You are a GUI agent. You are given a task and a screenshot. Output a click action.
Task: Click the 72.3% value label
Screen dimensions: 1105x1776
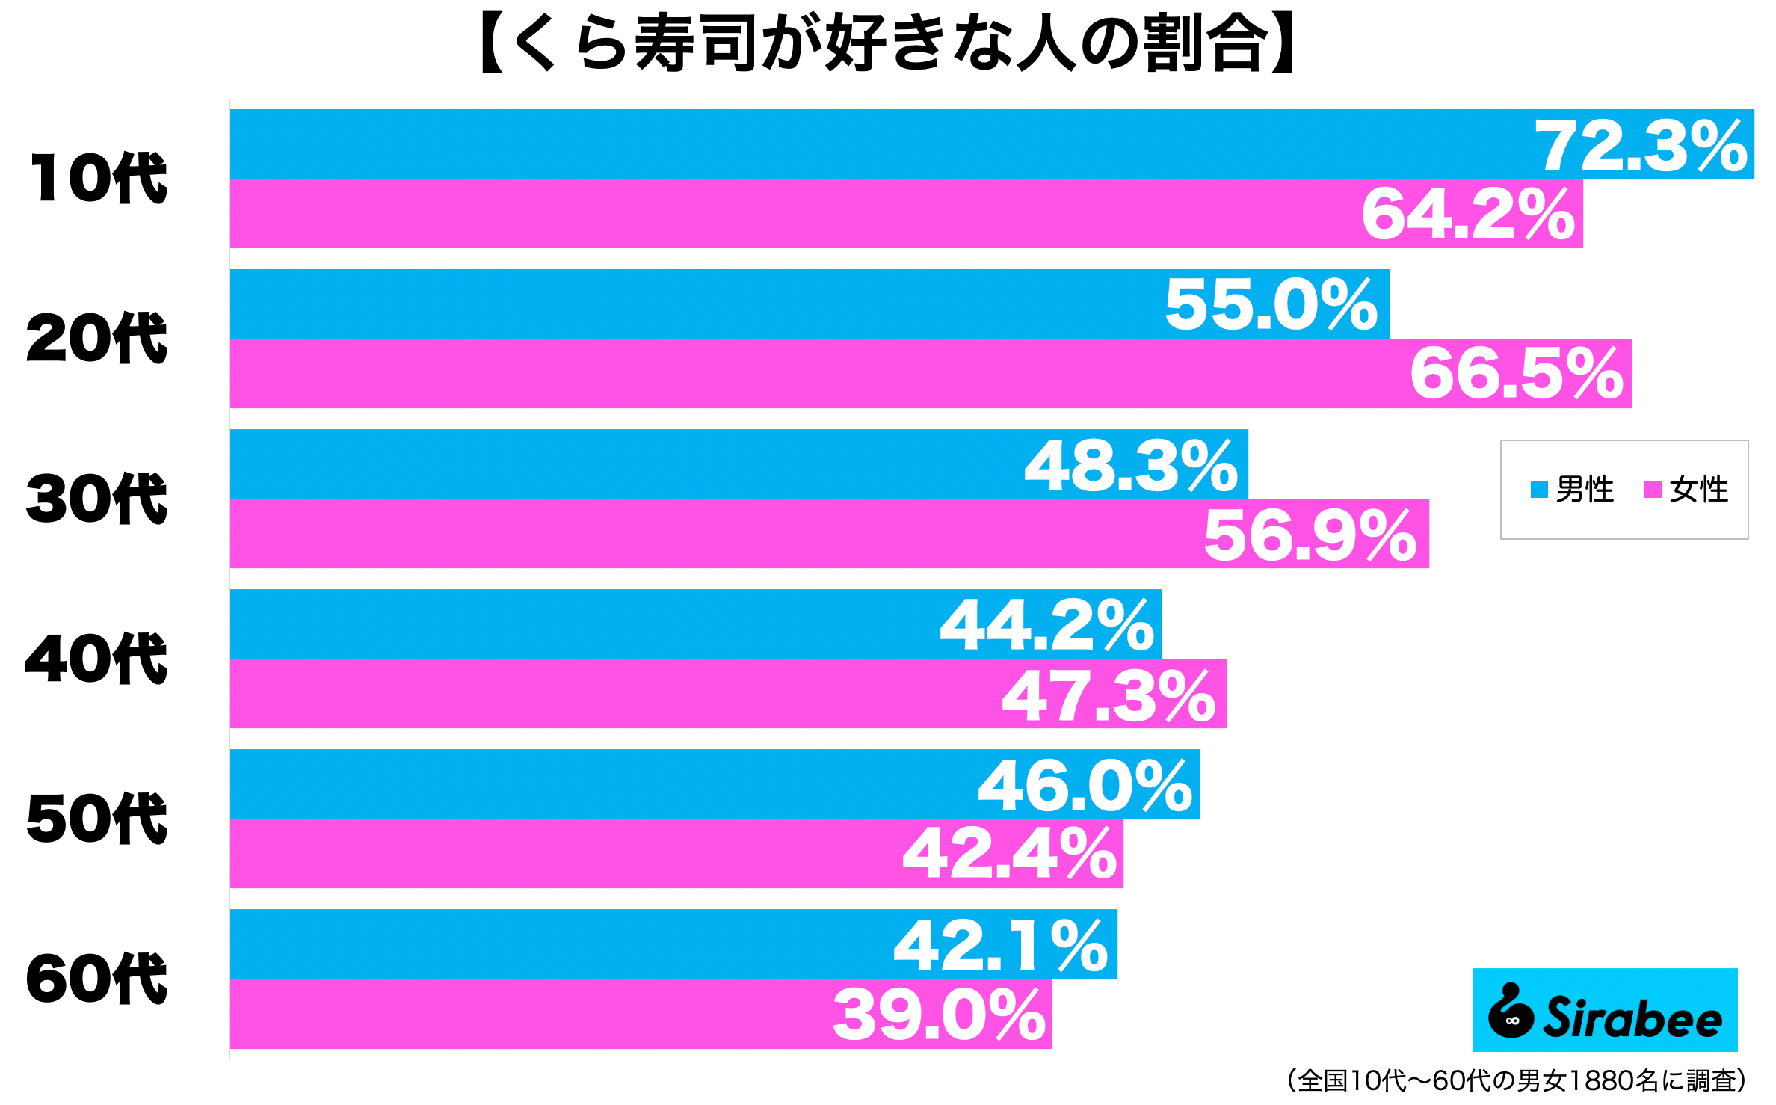(1641, 146)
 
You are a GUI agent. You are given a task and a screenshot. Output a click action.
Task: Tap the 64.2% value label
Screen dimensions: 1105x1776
(1468, 215)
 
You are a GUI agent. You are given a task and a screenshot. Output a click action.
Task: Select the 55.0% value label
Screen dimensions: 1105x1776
(1271, 304)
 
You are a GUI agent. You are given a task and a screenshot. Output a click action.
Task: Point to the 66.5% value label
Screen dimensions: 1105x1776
(1517, 373)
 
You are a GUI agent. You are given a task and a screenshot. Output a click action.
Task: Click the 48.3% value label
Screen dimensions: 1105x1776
(1131, 466)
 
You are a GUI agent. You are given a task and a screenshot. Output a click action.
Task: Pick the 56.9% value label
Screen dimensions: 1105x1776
(1310, 535)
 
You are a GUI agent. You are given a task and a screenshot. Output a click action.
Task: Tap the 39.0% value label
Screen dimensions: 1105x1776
(940, 1015)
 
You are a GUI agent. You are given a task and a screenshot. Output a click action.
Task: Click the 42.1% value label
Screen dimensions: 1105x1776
(1001, 946)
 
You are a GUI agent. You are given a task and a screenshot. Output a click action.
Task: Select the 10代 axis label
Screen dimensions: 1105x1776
(98, 178)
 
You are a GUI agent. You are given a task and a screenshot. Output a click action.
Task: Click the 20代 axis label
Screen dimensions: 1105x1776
(97, 338)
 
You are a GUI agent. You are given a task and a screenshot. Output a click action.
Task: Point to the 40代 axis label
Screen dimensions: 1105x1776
(97, 659)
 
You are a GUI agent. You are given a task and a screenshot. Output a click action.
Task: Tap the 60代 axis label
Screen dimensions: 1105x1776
(97, 979)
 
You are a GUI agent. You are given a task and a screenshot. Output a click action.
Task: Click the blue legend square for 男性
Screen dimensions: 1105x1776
(1539, 490)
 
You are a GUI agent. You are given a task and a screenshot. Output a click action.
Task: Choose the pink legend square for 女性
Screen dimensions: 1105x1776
(1653, 490)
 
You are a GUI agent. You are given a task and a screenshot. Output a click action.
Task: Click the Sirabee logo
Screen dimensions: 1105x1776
(1605, 1010)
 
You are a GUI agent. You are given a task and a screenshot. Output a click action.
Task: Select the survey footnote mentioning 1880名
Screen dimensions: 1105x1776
(1517, 1080)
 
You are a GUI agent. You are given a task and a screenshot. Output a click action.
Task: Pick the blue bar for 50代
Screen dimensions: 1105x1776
(598, 784)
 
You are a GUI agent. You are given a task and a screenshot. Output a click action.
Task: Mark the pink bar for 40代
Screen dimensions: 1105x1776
(598, 694)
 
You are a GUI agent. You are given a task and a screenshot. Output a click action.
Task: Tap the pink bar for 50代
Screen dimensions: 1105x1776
(561, 854)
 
